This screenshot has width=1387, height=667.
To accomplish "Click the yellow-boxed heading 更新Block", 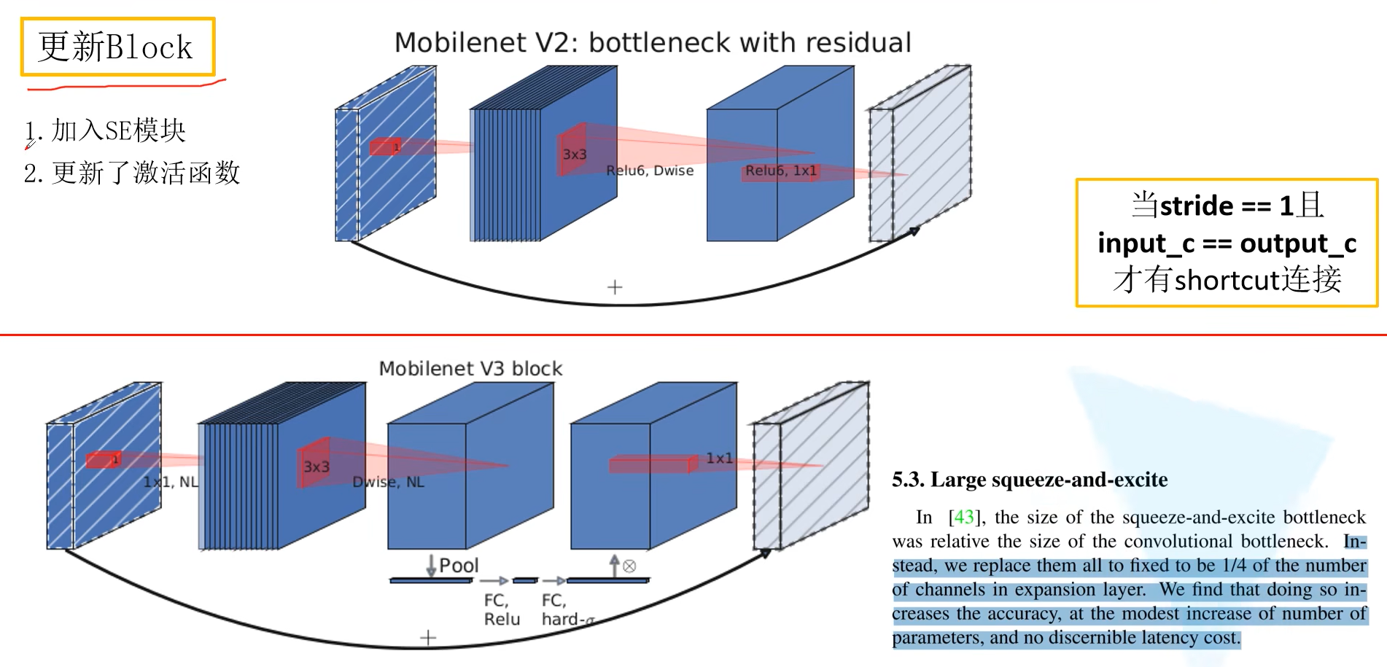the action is coord(117,47).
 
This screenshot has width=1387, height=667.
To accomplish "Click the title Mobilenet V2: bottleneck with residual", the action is coord(653,43).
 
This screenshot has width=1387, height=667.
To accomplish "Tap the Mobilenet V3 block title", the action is coord(470,369).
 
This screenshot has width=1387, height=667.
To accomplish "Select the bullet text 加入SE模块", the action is coord(118,131).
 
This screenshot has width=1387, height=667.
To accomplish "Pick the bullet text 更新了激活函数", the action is coord(146,173).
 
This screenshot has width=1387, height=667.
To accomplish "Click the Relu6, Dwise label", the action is coord(650,171).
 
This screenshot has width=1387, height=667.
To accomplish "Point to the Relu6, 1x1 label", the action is coord(780,171).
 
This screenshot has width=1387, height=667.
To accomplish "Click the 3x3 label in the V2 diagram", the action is coord(575,155).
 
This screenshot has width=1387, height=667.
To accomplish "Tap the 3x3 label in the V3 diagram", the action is coord(316,467).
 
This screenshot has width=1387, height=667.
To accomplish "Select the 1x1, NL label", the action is coord(171,482).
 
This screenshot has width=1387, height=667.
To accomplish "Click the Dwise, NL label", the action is coord(388,482).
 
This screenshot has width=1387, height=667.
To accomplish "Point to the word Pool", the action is coord(459,566).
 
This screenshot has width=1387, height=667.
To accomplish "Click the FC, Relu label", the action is coord(502,609).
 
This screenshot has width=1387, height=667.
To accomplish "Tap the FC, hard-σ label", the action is coord(567,609).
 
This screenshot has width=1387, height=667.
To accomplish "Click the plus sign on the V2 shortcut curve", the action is coord(615,287).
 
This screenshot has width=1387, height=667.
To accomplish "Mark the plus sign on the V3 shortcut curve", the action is coord(428,638).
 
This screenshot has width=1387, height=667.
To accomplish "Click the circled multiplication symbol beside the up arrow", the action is coord(629,566).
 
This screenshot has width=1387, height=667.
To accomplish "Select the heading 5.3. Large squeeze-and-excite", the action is coord(1029,480).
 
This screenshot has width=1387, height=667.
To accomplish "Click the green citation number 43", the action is coord(963,518).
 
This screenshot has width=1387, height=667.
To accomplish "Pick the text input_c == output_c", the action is coord(1227,243).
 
